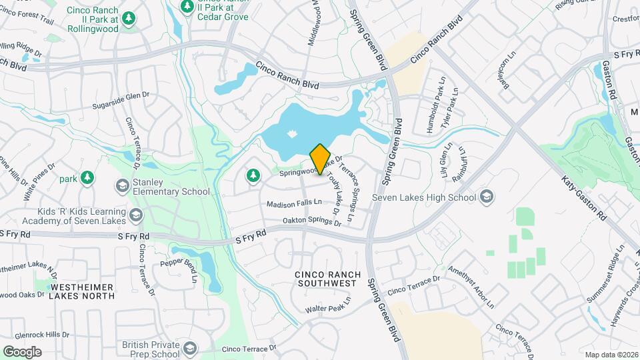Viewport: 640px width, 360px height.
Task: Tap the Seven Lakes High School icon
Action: coord(487,197)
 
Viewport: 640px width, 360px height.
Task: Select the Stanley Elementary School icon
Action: coord(122,186)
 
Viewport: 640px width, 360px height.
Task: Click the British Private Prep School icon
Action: coord(191,349)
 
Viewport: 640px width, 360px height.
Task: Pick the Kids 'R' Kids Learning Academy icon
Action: coord(136,215)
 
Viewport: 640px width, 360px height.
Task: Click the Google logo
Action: coord(22,351)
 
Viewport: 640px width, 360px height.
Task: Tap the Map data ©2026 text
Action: coord(611,354)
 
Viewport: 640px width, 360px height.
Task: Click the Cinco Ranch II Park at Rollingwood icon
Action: coord(128,17)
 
